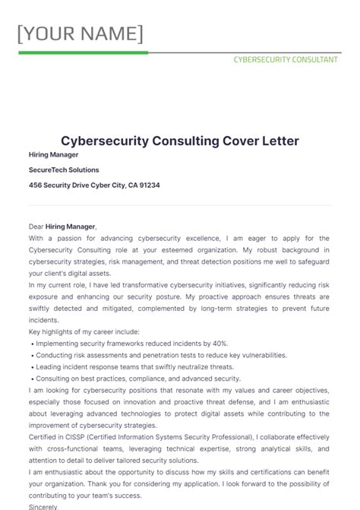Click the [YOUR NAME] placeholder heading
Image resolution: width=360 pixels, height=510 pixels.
[x=80, y=34]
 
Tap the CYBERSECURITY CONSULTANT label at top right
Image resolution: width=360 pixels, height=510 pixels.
[x=285, y=59]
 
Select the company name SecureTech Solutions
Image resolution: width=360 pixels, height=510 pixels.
[x=64, y=169]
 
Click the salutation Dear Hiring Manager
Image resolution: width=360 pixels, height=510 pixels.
[x=62, y=226]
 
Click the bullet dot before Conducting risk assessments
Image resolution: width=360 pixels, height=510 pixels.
[x=31, y=355]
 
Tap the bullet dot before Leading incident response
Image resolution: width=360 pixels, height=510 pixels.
[x=31, y=366]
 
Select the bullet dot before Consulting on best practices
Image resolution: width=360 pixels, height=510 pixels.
[x=31, y=379]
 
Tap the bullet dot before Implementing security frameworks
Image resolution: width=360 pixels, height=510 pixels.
[x=31, y=344]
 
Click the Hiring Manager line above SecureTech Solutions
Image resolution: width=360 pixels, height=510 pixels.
[x=54, y=154]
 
